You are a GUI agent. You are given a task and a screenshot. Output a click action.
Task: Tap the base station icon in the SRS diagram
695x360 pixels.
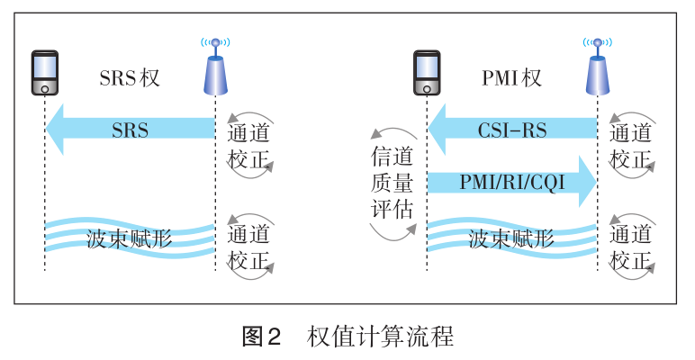coord(215,68)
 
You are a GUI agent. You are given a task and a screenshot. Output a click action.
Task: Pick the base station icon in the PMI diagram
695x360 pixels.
coord(597,68)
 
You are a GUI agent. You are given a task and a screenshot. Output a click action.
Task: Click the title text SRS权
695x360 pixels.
coord(130,77)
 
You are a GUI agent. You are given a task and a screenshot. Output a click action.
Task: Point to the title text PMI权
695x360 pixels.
coord(512,77)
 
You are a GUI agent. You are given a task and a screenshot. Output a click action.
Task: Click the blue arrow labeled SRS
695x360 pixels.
coord(131,130)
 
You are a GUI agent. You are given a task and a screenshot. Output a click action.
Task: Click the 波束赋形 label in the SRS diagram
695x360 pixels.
coord(131,239)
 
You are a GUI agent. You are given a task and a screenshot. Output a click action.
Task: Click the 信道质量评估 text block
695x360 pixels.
coord(393,183)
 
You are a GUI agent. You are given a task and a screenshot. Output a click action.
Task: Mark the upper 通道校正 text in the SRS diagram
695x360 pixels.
coord(248,146)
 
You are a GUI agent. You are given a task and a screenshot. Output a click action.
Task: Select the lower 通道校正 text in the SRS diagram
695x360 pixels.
coord(248,247)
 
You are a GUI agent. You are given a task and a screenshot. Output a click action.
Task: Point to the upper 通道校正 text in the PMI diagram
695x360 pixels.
coord(631,146)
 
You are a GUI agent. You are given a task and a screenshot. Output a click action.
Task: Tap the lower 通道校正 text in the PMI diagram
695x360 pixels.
coord(631,247)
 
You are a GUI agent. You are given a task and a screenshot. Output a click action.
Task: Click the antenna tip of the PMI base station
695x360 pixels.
coord(597,42)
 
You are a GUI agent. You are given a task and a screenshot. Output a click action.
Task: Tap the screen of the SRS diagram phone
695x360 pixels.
coord(44,68)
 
